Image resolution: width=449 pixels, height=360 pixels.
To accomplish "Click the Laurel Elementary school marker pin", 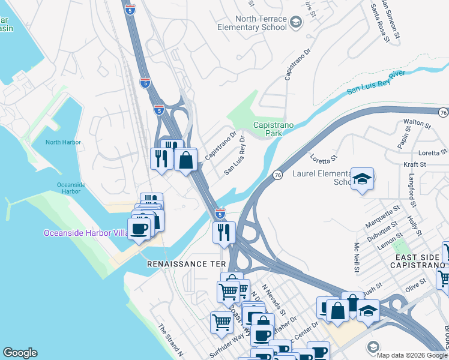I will click(362, 179).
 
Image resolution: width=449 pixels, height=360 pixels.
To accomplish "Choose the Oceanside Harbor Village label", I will click(84, 233).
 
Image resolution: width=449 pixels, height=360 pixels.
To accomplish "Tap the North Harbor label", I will click(62, 142).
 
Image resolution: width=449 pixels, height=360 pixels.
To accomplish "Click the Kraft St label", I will click(414, 164).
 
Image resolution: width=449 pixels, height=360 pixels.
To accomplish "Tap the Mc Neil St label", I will click(356, 257).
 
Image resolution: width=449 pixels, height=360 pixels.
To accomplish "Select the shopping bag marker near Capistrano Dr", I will click(186, 160).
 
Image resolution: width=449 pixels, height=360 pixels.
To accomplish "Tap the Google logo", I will click(20, 353).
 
